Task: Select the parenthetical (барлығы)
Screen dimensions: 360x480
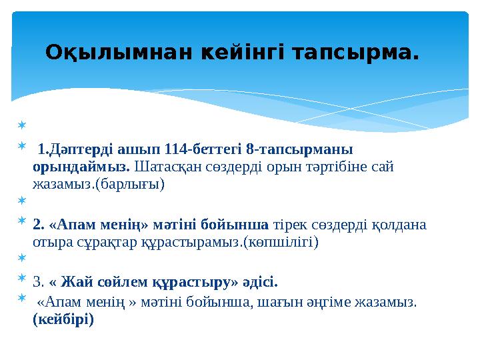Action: (x=131, y=184)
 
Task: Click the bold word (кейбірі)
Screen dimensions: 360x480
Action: (x=63, y=319)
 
